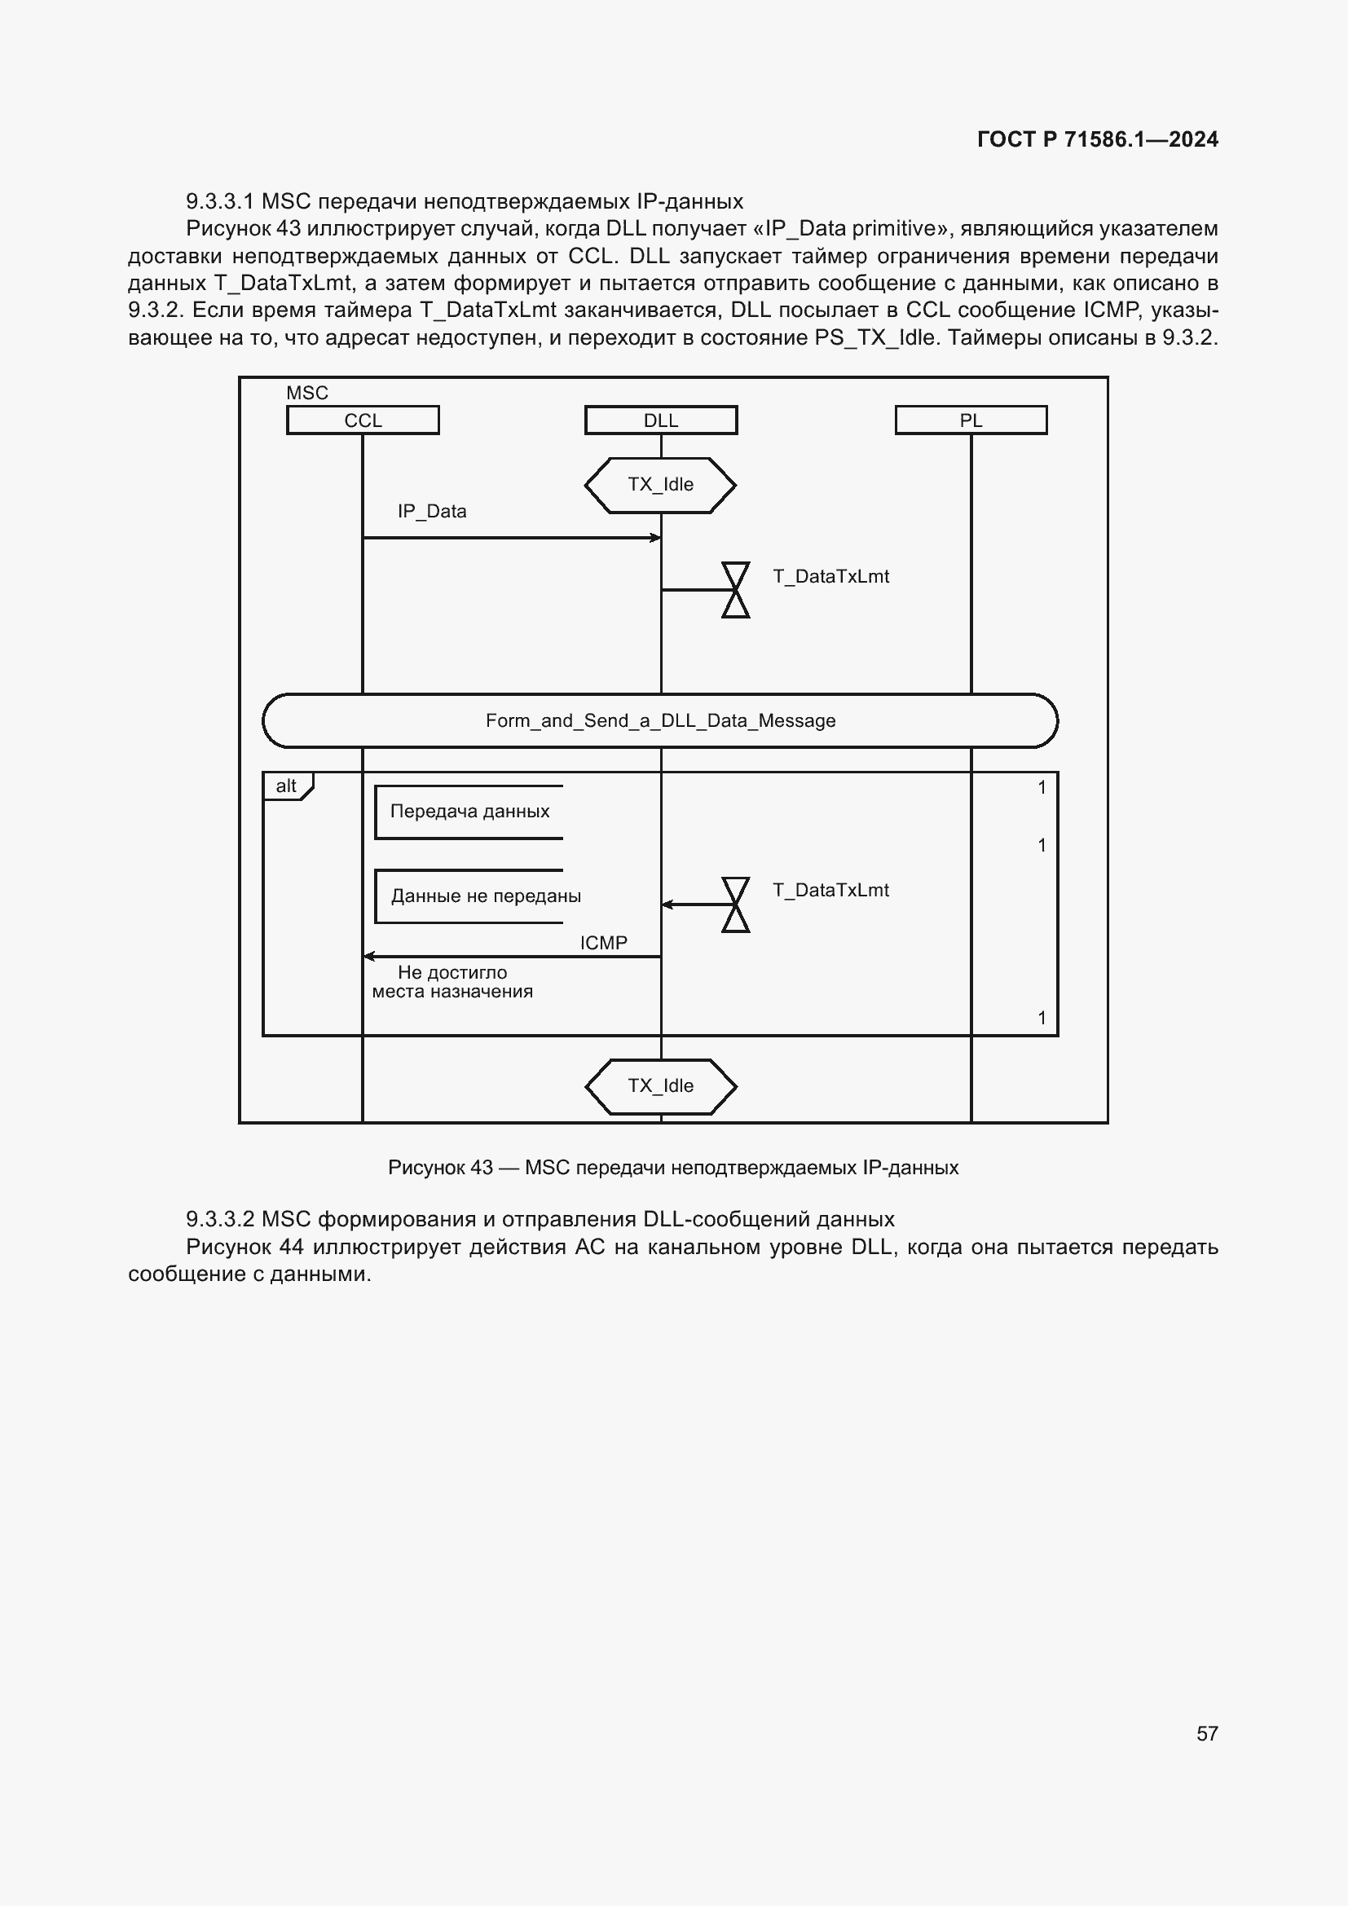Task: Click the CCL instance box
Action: pyautogui.click(x=363, y=420)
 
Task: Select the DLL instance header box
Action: pyautogui.click(x=661, y=420)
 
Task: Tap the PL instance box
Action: pyautogui.click(x=971, y=420)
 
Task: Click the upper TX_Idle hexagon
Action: pyautogui.click(x=661, y=485)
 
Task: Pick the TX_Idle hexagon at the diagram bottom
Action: pyautogui.click(x=661, y=1085)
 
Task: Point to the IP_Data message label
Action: pyautogui.click(x=432, y=512)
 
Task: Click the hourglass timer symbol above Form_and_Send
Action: pyautogui.click(x=735, y=590)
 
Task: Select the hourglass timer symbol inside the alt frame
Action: pyautogui.click(x=735, y=905)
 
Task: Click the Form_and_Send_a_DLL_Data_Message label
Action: pyautogui.click(x=661, y=720)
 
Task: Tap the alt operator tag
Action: pyautogui.click(x=287, y=786)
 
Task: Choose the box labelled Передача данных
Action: pyautogui.click(x=469, y=812)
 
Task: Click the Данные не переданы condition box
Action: pyautogui.click(x=486, y=896)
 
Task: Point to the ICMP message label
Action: pyautogui.click(x=603, y=943)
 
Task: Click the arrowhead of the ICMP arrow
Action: pyautogui.click(x=368, y=957)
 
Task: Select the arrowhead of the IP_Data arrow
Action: pyautogui.click(x=656, y=538)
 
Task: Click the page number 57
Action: pyautogui.click(x=1207, y=1733)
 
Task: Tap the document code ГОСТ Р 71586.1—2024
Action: pyautogui.click(x=1097, y=139)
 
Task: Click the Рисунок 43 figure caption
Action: pyautogui.click(x=673, y=1168)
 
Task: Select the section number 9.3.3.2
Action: pyautogui.click(x=220, y=1220)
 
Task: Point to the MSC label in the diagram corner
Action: pyautogui.click(x=307, y=393)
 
